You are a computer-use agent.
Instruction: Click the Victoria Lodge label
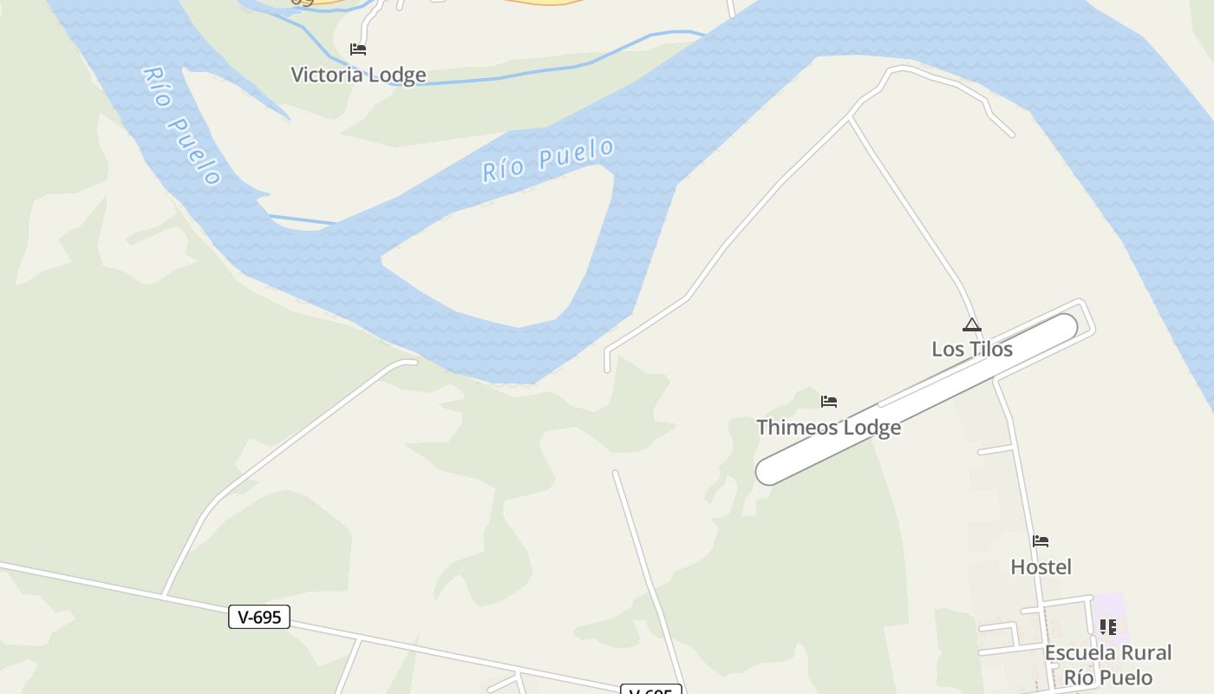click(x=358, y=75)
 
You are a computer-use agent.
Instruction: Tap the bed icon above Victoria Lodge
click(x=357, y=49)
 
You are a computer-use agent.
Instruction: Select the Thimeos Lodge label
click(x=828, y=428)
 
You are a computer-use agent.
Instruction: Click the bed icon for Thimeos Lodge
click(x=829, y=402)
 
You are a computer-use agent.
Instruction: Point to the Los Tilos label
click(x=972, y=349)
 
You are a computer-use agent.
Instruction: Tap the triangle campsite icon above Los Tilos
click(x=972, y=325)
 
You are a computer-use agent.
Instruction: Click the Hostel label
click(x=1041, y=567)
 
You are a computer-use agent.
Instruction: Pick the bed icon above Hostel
click(x=1041, y=542)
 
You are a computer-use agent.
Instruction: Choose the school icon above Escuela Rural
click(x=1107, y=626)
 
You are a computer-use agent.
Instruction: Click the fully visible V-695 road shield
click(x=259, y=617)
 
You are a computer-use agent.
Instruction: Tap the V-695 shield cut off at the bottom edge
click(x=651, y=690)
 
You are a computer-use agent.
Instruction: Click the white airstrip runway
click(x=917, y=398)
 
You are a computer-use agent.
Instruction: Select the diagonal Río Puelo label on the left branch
click(x=180, y=125)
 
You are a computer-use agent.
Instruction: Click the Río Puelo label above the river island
click(x=548, y=160)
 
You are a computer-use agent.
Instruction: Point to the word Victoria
click(x=326, y=75)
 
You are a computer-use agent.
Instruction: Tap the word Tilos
click(x=990, y=349)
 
